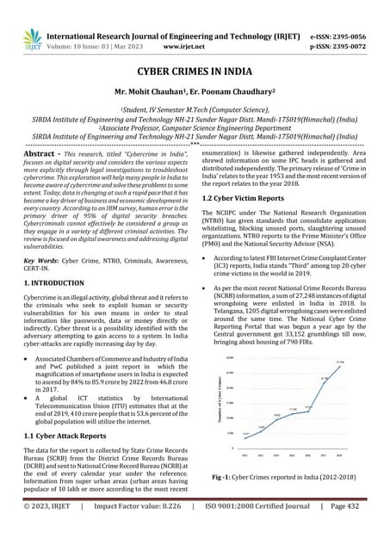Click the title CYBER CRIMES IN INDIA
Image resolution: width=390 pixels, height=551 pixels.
[195, 75]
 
